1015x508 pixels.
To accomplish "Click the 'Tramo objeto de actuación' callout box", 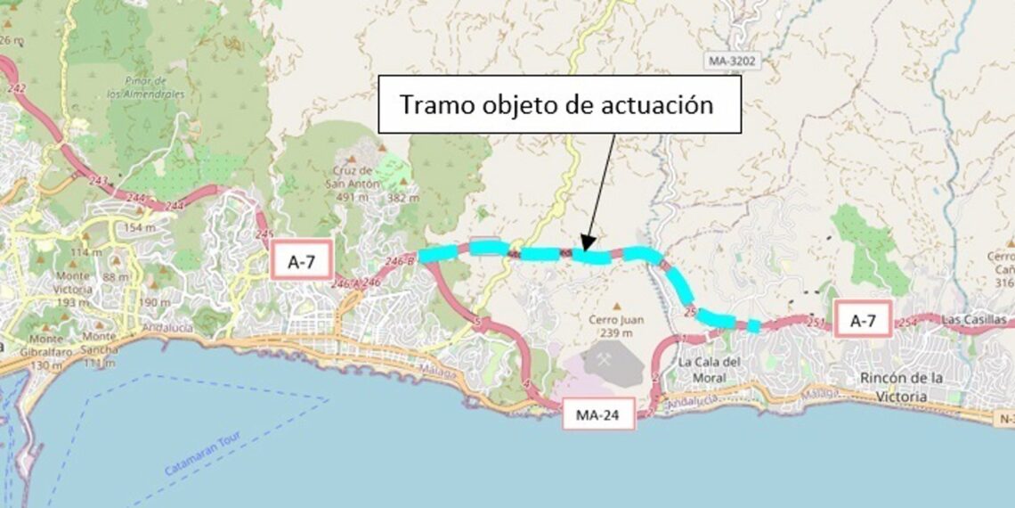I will click(x=560, y=104).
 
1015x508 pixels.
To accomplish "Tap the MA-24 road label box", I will click(x=598, y=414).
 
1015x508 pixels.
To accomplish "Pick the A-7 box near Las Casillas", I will click(x=862, y=320).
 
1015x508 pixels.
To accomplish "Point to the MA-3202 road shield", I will click(x=733, y=61).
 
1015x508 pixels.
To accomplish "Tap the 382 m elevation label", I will click(x=401, y=196).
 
